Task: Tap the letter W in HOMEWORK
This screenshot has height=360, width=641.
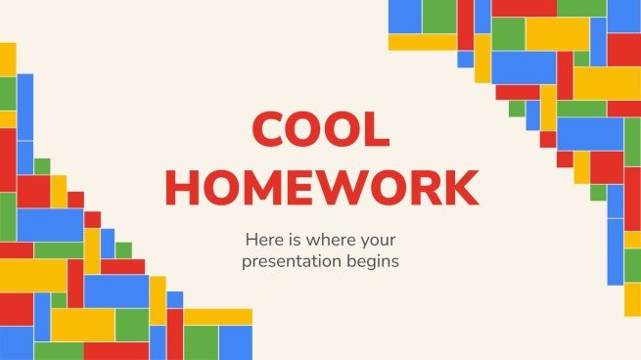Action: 340,187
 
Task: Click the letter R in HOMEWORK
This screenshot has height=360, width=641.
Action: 424,187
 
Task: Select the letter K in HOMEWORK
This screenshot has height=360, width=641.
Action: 461,187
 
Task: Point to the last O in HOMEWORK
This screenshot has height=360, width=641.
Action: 385,187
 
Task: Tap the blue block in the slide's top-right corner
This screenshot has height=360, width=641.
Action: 623,16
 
